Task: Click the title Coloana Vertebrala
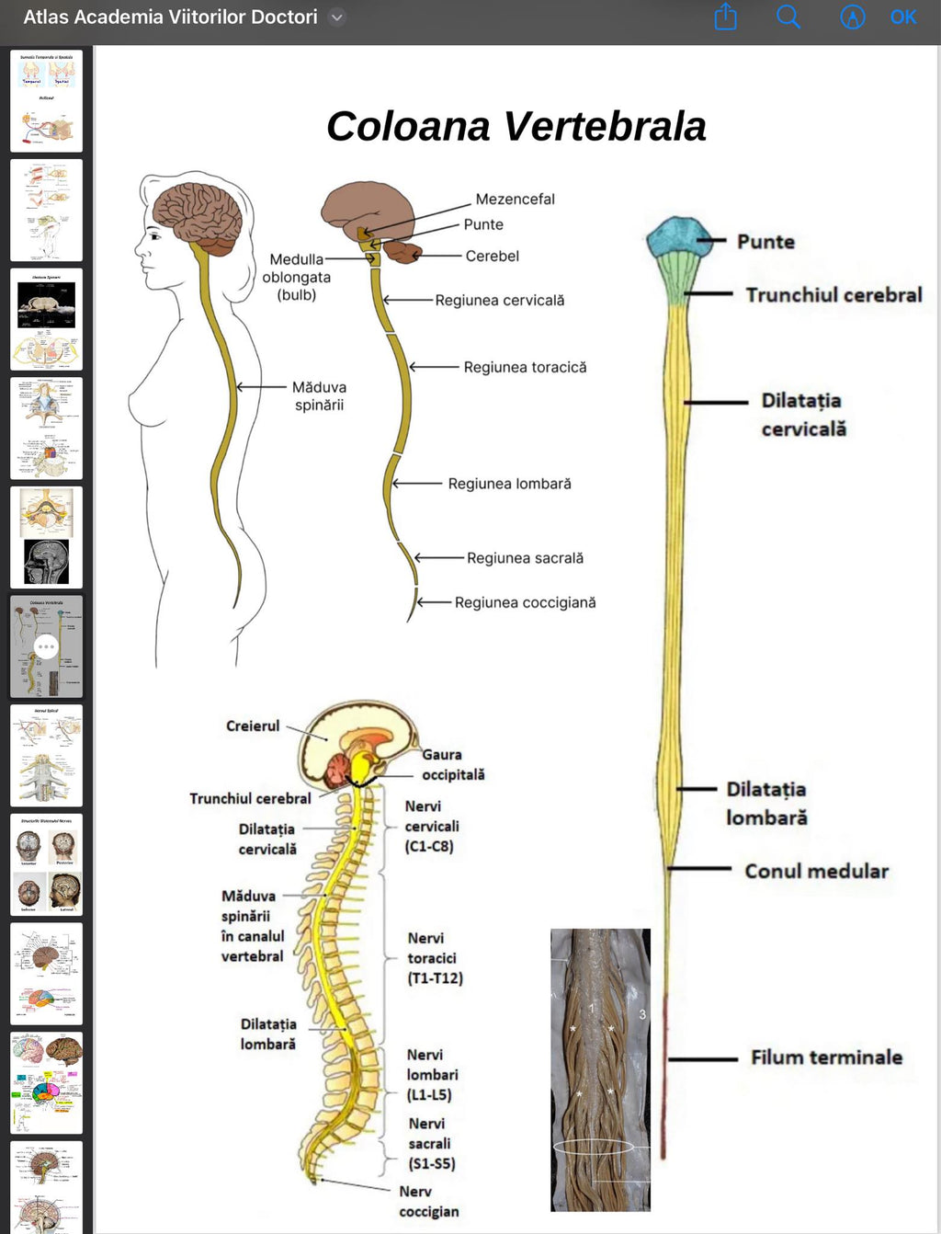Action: pyautogui.click(x=516, y=127)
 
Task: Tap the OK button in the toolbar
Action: pyautogui.click(x=902, y=17)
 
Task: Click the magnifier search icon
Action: pyautogui.click(x=788, y=17)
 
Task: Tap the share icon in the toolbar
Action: pyautogui.click(x=726, y=17)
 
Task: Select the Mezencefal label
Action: pyautogui.click(x=515, y=200)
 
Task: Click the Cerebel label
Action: pyautogui.click(x=492, y=257)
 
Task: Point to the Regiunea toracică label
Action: pyautogui.click(x=525, y=368)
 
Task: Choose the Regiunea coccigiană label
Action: pyautogui.click(x=525, y=603)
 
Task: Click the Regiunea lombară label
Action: pyautogui.click(x=509, y=485)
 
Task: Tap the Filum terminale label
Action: pyautogui.click(x=826, y=1058)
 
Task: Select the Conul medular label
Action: pyautogui.click(x=816, y=872)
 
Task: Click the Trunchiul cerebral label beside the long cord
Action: pyautogui.click(x=833, y=295)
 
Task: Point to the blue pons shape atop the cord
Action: pyautogui.click(x=680, y=237)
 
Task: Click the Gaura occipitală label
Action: pyautogui.click(x=452, y=765)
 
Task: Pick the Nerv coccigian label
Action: pyautogui.click(x=428, y=1202)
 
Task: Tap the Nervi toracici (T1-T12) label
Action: pyautogui.click(x=435, y=958)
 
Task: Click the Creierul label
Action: pyautogui.click(x=253, y=726)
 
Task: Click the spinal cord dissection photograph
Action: pyautogui.click(x=600, y=1069)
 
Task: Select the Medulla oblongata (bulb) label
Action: pyautogui.click(x=296, y=278)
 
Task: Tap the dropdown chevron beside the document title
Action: pyautogui.click(x=337, y=17)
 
